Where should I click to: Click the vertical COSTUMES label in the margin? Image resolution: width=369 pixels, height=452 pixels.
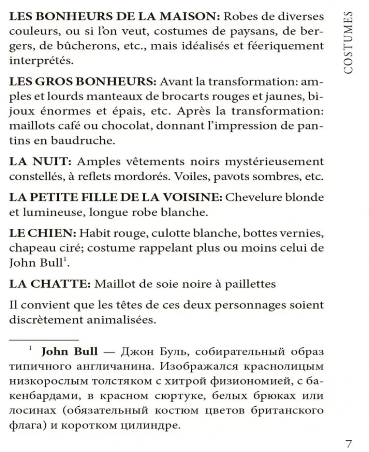[349, 43]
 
